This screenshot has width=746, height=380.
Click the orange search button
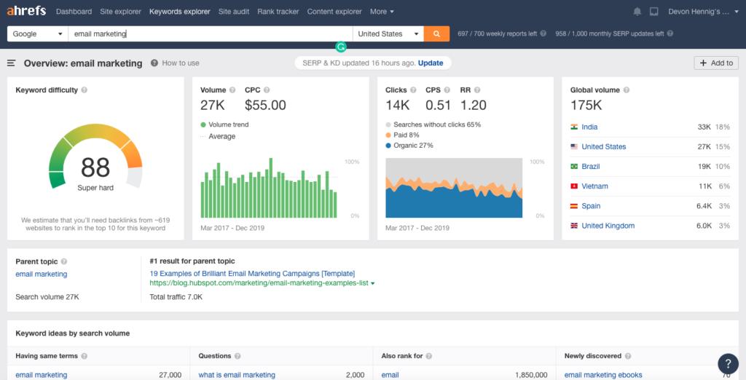(436, 33)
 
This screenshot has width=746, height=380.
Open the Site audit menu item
(234, 12)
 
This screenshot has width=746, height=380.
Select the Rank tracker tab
(278, 12)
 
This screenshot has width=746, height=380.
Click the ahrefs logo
(27, 12)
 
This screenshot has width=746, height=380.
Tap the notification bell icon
(637, 12)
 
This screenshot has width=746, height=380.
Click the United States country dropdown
(389, 33)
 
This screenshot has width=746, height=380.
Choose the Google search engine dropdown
(38, 33)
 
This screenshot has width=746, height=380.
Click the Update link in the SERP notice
(431, 63)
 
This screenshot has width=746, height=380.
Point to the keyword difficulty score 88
(95, 168)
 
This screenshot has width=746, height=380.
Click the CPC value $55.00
(265, 106)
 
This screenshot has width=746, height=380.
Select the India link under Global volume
(589, 127)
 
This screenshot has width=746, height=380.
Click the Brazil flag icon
(574, 167)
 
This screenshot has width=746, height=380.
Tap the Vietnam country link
(594, 186)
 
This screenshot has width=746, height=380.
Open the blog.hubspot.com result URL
(259, 283)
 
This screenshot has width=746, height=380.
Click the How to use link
(180, 63)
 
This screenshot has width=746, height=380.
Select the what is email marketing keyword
(237, 375)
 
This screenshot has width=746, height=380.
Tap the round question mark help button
(728, 363)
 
